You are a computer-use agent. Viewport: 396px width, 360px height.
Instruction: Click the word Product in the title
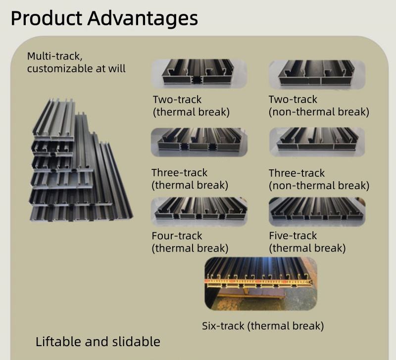(x=47, y=18)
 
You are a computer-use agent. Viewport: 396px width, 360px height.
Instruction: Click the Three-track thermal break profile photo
(x=199, y=142)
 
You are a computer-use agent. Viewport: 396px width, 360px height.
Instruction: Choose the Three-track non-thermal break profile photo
(x=317, y=142)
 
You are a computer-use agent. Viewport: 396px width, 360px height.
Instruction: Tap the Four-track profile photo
(x=199, y=211)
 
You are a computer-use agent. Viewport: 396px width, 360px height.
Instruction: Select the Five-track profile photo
(x=317, y=211)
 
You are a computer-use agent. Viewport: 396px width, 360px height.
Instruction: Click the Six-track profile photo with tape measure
(x=260, y=283)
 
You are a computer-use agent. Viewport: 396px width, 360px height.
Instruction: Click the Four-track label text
(x=177, y=236)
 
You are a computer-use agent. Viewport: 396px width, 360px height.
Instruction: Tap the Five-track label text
(x=293, y=236)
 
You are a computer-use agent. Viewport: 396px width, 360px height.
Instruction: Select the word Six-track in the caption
(x=223, y=326)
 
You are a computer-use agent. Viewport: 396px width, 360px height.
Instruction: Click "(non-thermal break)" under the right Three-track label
(x=319, y=186)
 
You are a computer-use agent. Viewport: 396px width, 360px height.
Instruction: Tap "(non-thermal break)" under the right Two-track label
(x=319, y=112)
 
